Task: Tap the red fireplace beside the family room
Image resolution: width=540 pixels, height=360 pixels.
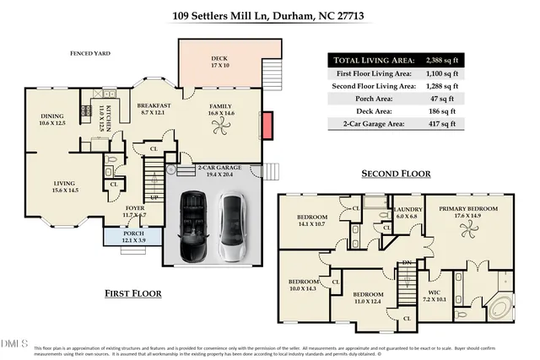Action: tap(267, 126)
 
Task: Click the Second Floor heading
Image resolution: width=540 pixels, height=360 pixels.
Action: tap(396, 174)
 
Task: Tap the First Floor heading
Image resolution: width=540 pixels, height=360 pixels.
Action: tap(133, 293)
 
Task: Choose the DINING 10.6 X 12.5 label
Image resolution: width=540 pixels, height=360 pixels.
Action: tap(52, 120)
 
